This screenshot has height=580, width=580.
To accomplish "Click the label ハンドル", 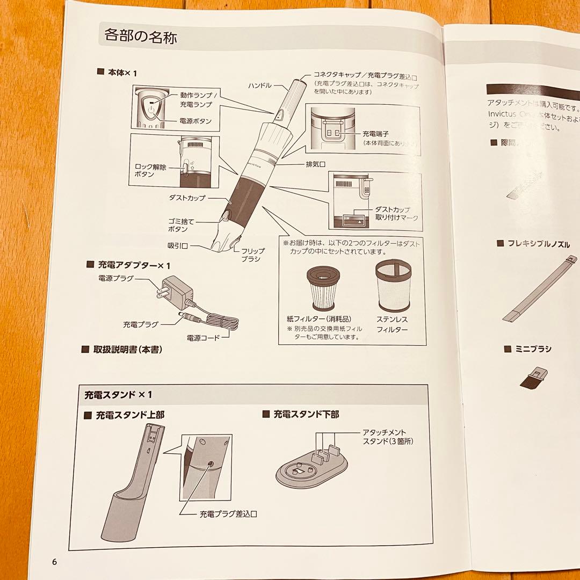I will click(x=260, y=85).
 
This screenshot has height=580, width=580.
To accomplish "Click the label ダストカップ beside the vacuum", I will click(x=187, y=198).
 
